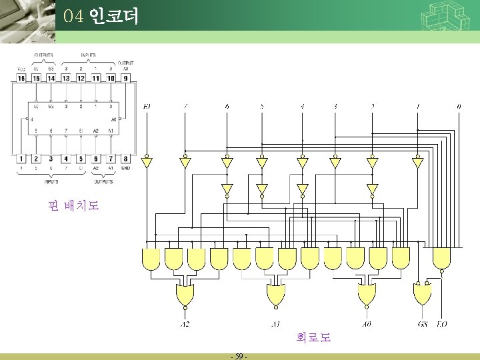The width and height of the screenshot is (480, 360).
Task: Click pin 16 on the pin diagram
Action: tap(21, 78)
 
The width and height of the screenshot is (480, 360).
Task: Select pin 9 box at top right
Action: tap(125, 78)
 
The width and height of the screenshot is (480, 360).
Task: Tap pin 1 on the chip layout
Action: tap(21, 159)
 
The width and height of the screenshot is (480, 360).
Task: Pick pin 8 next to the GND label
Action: tap(125, 159)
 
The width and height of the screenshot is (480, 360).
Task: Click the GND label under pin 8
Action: tap(126, 169)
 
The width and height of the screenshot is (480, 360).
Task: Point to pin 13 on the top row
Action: tap(66, 78)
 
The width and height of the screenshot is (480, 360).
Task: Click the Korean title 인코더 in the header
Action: tap(113, 16)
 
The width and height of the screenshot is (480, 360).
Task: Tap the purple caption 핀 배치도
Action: tap(73, 206)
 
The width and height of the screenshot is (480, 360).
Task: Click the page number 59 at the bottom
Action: tap(238, 356)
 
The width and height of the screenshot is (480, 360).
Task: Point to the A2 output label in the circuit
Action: tap(185, 324)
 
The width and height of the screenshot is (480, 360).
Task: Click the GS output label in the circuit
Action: tap(423, 324)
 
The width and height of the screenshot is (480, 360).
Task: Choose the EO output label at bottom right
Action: tap(441, 324)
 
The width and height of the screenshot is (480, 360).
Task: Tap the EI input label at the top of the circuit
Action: tap(147, 106)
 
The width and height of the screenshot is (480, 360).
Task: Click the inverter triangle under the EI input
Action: tap(147, 162)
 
